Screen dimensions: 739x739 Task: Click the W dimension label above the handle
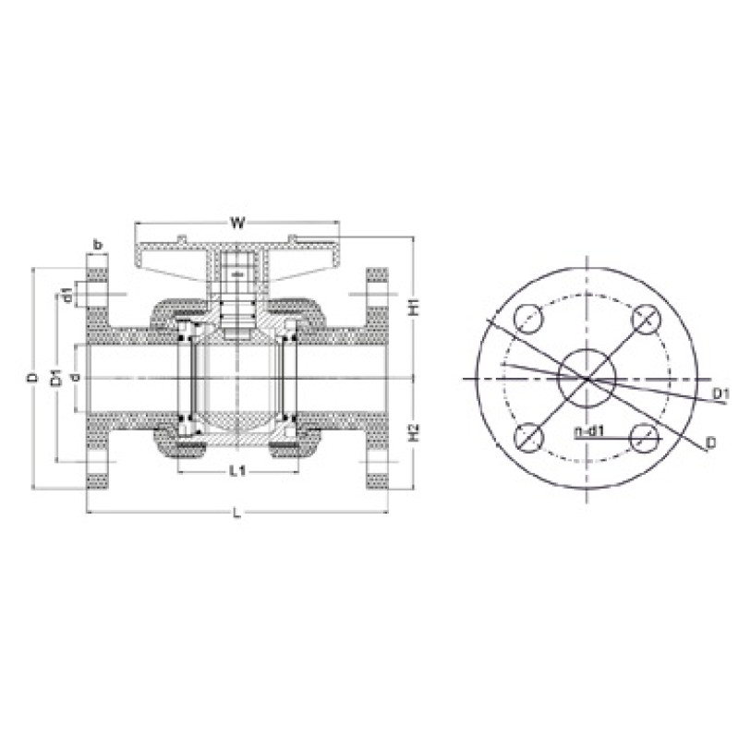pyautogui.click(x=237, y=223)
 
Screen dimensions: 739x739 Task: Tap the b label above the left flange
pyautogui.click(x=98, y=245)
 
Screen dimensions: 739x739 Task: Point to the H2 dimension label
pyautogui.click(x=414, y=432)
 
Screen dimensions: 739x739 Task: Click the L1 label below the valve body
pyautogui.click(x=237, y=470)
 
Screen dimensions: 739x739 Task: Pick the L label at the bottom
pyautogui.click(x=237, y=513)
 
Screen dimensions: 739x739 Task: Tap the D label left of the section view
pyautogui.click(x=32, y=378)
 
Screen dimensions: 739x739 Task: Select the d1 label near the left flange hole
pyautogui.click(x=68, y=294)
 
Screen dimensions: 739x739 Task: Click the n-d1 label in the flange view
pyautogui.click(x=589, y=430)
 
